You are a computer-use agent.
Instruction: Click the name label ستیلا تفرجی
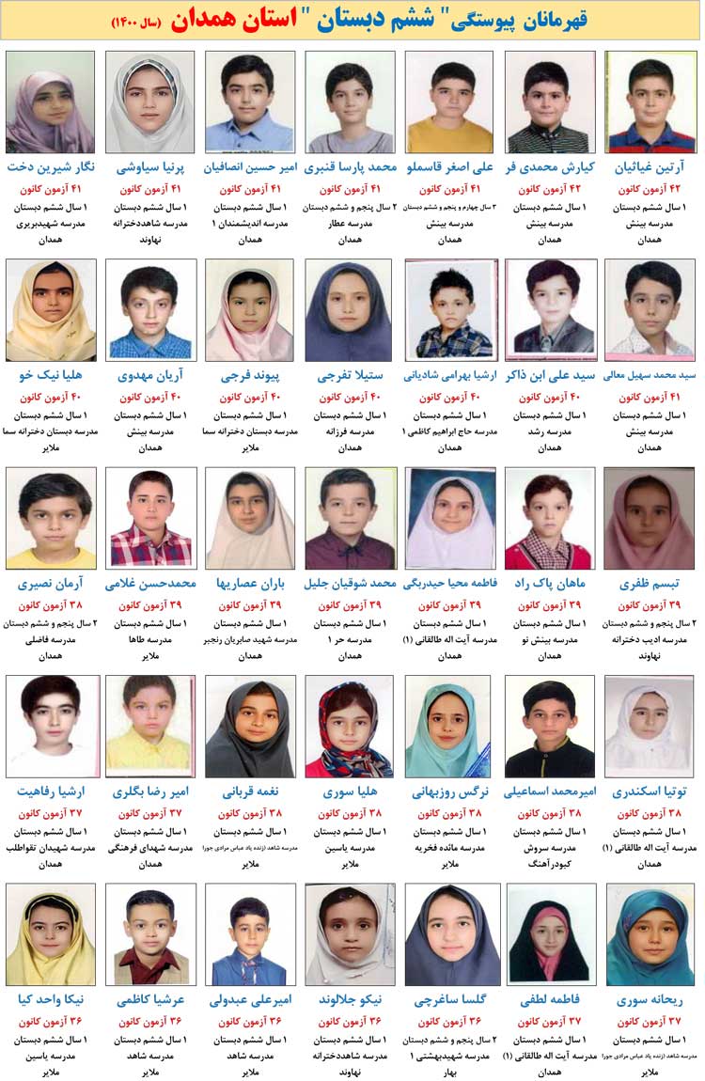click(x=348, y=375)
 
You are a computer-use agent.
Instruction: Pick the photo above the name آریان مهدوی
click(x=149, y=310)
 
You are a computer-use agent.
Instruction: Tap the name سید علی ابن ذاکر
click(x=550, y=375)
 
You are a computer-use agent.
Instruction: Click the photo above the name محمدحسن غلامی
click(x=149, y=518)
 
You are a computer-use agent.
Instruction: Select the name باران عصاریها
click(x=249, y=583)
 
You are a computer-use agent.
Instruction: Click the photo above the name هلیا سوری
click(x=348, y=726)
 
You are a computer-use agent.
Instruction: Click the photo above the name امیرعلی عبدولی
click(x=249, y=934)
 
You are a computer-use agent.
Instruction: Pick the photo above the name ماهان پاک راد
click(x=550, y=518)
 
